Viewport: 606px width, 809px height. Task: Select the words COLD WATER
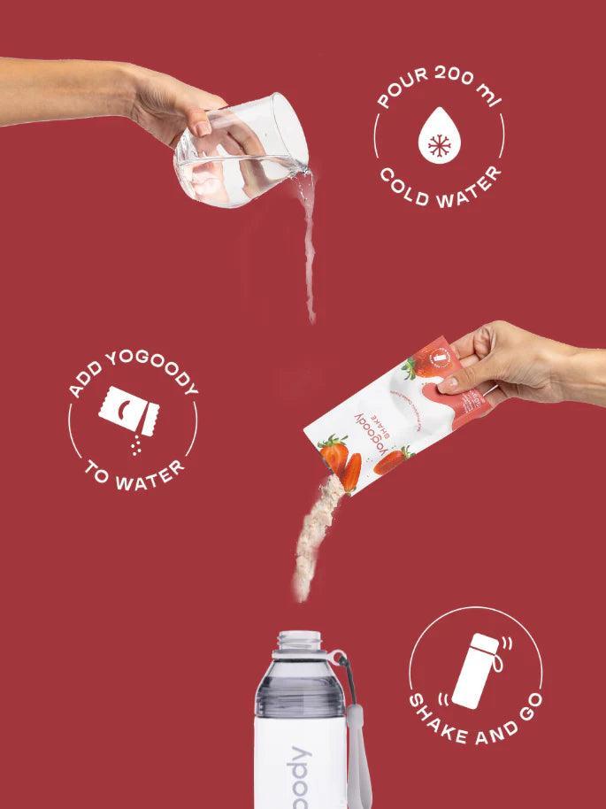pyautogui.click(x=440, y=182)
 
